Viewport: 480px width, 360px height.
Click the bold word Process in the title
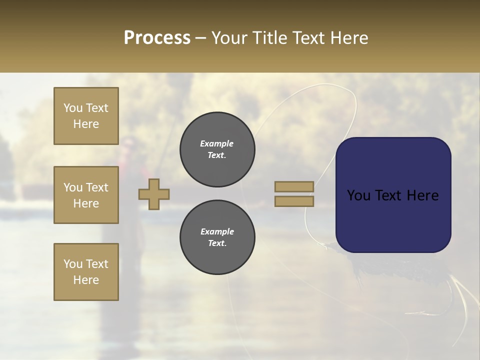pos(157,38)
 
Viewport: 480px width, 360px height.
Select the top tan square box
pos(86,116)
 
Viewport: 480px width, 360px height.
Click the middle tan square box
pos(86,195)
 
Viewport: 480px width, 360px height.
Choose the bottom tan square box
pos(86,272)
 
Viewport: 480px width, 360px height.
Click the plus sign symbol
pos(154,194)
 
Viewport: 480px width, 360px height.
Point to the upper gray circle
pos(217,149)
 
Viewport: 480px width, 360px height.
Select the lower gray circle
pos(217,237)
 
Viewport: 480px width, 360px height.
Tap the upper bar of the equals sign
pos(294,186)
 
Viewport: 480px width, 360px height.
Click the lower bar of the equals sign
pos(294,201)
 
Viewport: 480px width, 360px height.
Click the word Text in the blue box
pos(393,195)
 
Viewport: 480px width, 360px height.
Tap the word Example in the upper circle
pos(217,143)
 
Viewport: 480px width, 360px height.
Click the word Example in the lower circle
pos(217,231)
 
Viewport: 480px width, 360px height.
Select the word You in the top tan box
pos(72,108)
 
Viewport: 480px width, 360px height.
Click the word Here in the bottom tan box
pos(86,280)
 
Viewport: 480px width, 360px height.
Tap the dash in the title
pos(201,38)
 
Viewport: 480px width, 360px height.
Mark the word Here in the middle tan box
pos(86,203)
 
